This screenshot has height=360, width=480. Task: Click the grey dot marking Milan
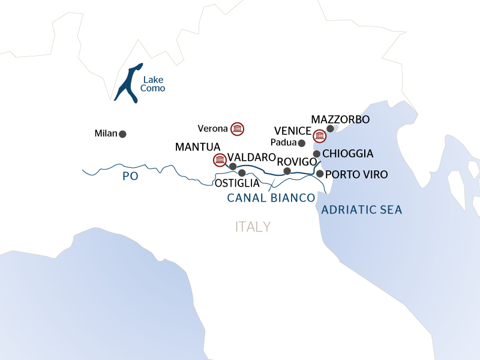tap(123, 134)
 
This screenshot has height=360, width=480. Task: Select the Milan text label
tap(106, 133)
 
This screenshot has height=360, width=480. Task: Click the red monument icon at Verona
tap(238, 128)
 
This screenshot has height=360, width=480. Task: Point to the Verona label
tap(212, 128)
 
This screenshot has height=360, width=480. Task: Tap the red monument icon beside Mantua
tap(220, 160)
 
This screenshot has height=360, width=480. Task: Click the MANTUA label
tap(198, 146)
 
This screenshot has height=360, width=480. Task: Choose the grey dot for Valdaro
tap(233, 166)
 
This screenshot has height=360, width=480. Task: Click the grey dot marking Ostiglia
tap(242, 173)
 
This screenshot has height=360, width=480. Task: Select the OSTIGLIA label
tap(237, 184)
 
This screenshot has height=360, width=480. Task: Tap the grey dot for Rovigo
tap(287, 171)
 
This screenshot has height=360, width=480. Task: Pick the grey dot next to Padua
tap(302, 143)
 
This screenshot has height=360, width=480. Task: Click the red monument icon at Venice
tap(319, 136)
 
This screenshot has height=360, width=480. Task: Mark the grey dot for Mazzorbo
tap(330, 128)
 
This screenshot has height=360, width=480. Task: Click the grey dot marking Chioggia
tap(316, 154)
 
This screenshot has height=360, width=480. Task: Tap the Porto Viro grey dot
tap(320, 174)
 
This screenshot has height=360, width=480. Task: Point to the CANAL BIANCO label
tap(271, 198)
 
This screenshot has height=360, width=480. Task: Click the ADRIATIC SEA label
tap(362, 210)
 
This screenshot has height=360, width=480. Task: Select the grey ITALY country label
tap(253, 227)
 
